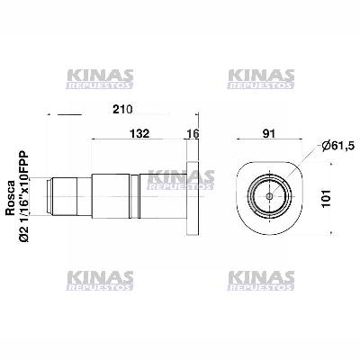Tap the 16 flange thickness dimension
click(x=192, y=133)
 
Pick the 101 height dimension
click(x=339, y=193)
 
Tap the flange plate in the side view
click(x=192, y=193)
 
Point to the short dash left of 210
click(x=68, y=114)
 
